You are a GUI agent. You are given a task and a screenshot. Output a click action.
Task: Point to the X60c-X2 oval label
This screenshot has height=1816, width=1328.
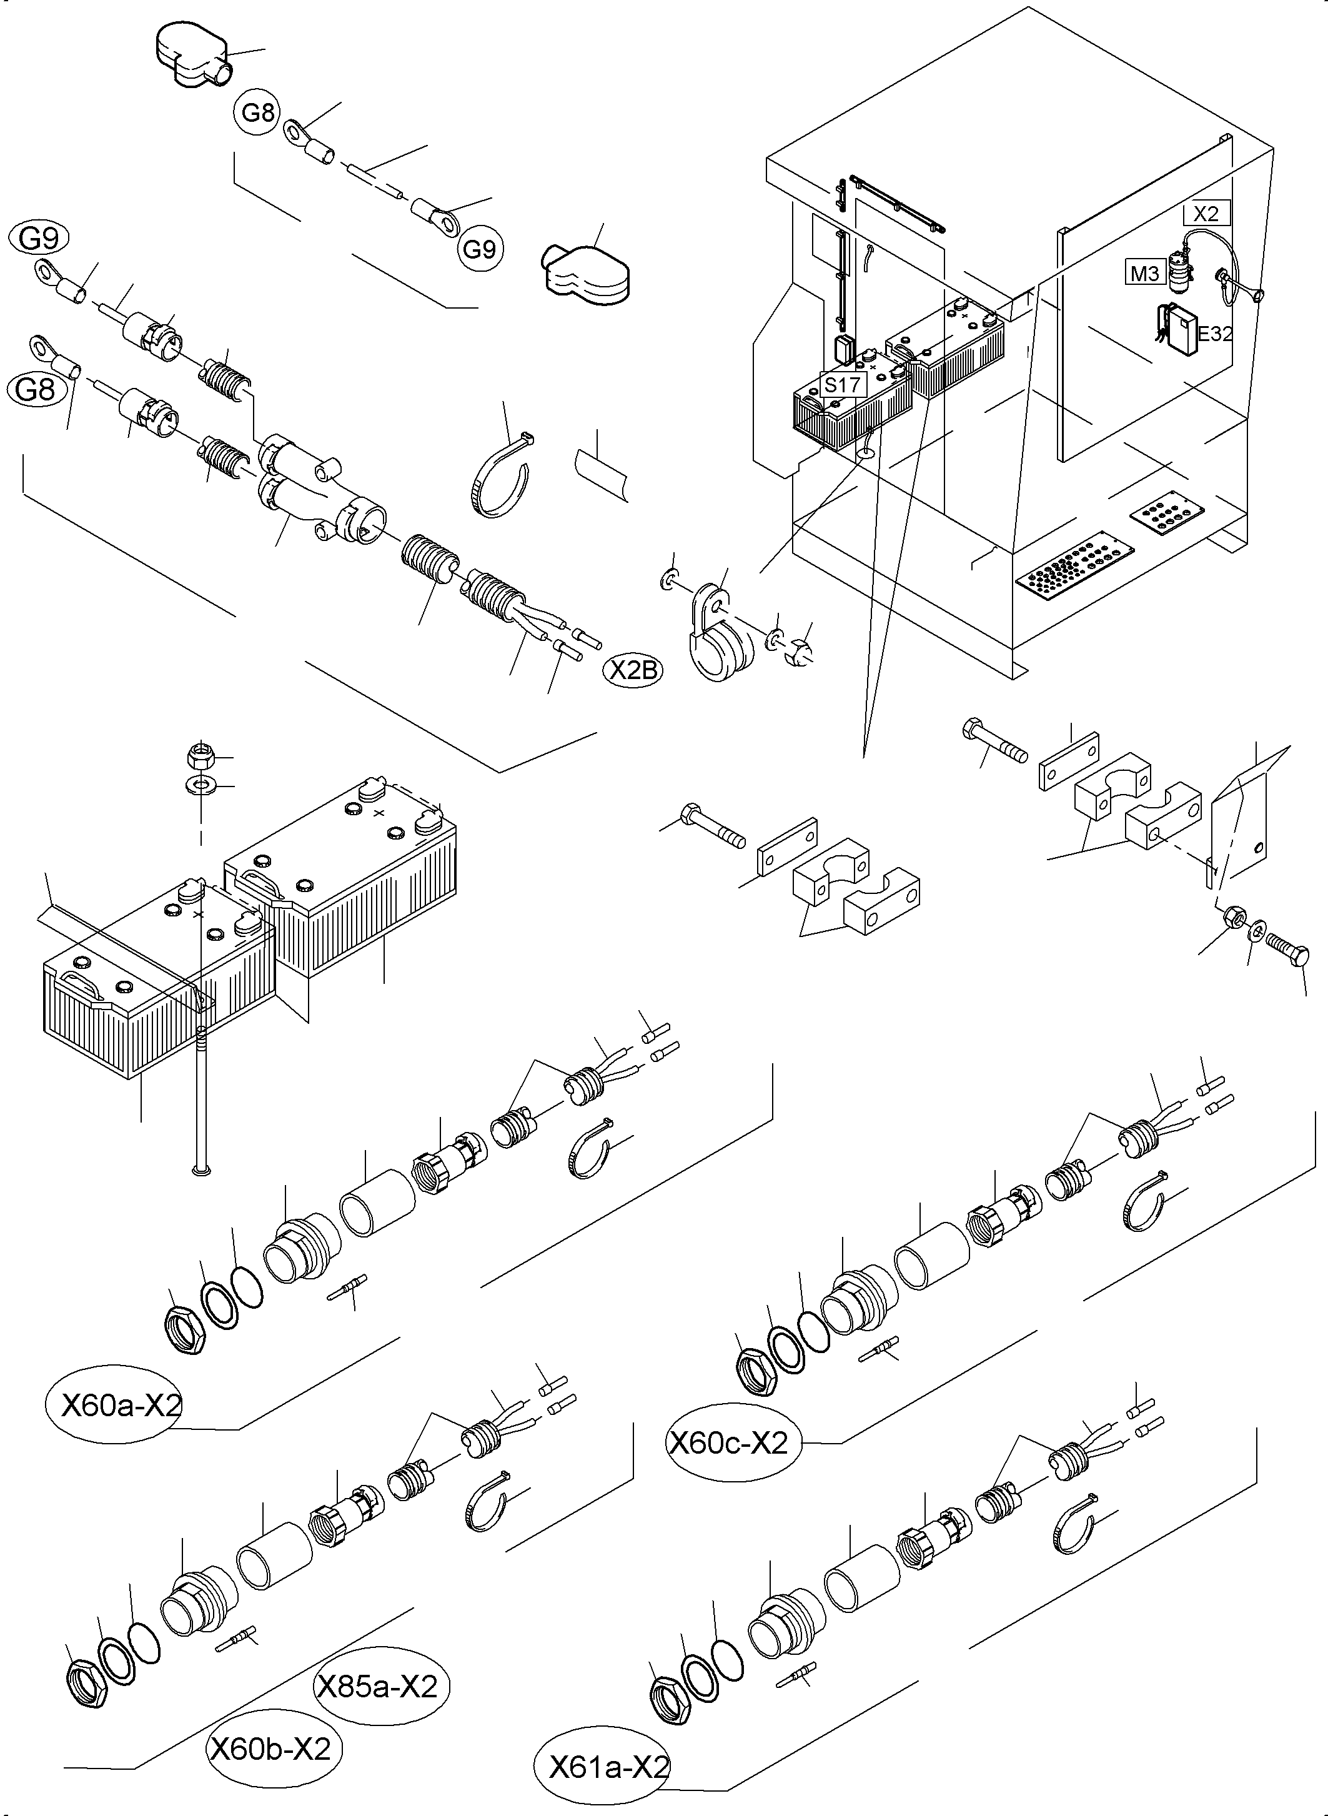point(729,1443)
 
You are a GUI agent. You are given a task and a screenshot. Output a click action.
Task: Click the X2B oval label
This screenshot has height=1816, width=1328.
point(633,670)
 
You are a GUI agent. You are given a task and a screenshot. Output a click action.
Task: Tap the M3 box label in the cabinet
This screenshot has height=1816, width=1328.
point(1145,274)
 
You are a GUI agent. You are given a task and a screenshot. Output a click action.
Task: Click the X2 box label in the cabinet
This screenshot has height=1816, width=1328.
point(1206,213)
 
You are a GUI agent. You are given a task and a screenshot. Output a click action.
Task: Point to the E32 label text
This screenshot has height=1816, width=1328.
point(1215,334)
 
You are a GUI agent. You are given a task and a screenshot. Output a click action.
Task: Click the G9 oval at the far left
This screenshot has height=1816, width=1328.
point(37,239)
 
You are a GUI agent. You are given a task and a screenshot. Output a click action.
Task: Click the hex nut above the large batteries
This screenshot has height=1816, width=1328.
point(199,756)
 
